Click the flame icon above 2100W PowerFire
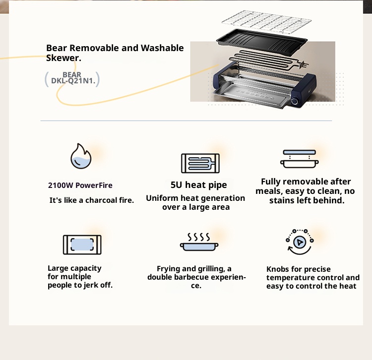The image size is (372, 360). point(80,156)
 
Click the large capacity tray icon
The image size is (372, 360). point(82,244)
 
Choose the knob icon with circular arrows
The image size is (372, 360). point(299,242)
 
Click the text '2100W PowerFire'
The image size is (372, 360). point(80,185)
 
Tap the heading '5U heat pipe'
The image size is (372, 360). point(198,185)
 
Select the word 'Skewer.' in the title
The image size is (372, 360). point(64,58)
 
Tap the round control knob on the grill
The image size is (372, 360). point(295,101)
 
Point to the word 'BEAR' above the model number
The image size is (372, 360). point(72,75)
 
